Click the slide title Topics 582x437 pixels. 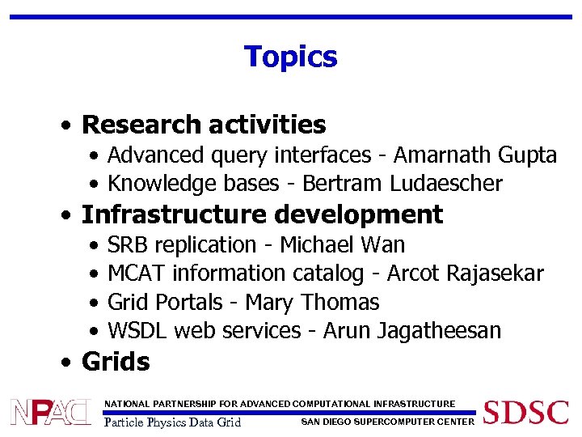(290, 57)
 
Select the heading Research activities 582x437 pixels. (204, 125)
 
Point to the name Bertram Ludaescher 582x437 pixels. (402, 184)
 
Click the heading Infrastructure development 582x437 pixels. (262, 214)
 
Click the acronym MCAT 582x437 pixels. (137, 274)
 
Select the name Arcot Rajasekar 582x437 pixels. (465, 274)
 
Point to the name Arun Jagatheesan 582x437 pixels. (411, 331)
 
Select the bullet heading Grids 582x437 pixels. (116, 362)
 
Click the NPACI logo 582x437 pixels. (51, 412)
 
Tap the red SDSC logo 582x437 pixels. (525, 412)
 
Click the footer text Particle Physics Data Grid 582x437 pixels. (173, 422)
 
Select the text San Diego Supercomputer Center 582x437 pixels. (387, 421)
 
